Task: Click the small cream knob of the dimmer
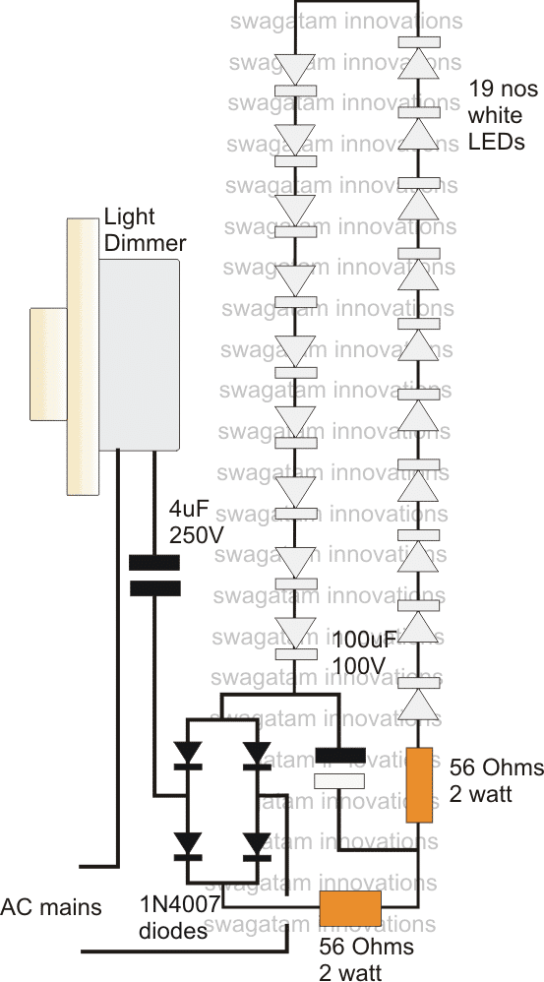tap(47, 355)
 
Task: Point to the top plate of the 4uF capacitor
tap(154, 563)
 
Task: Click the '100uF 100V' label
tap(364, 652)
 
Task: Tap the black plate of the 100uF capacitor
tap(341, 756)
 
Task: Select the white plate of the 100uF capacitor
tap(341, 780)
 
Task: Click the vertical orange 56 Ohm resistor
tap(420, 784)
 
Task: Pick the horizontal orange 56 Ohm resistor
tap(351, 904)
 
